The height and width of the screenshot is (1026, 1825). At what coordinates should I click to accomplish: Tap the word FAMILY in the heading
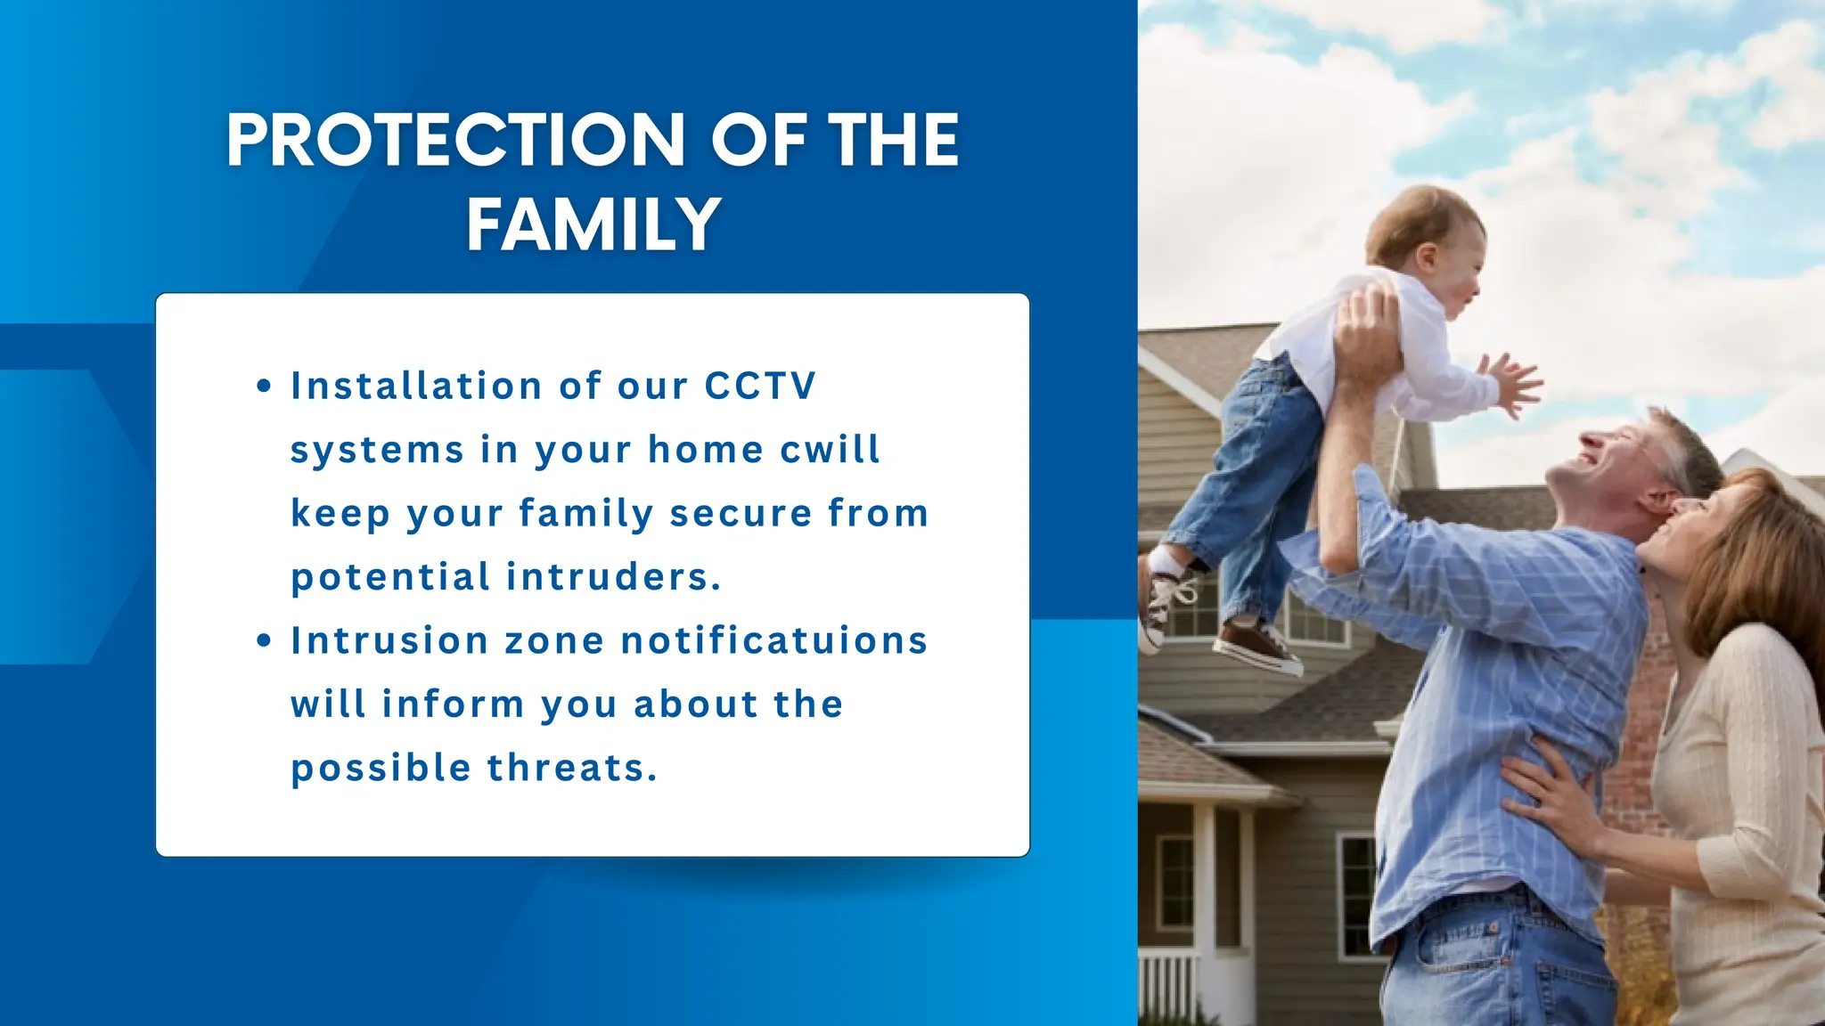[x=593, y=224]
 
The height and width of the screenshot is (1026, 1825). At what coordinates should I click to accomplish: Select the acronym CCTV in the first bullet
[x=760, y=387]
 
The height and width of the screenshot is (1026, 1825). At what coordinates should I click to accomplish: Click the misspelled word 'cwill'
[x=830, y=450]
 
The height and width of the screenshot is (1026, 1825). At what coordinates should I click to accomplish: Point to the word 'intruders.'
[x=614, y=577]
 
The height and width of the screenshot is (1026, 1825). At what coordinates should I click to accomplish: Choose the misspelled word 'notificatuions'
[x=774, y=641]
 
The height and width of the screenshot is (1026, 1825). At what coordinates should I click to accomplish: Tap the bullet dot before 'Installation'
[x=263, y=387]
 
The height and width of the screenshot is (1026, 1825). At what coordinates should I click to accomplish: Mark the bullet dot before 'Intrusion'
[x=263, y=641]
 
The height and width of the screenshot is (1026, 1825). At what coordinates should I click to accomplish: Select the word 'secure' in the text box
[x=741, y=514]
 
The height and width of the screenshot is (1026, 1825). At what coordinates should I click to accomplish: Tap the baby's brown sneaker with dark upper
[x=1256, y=646]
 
